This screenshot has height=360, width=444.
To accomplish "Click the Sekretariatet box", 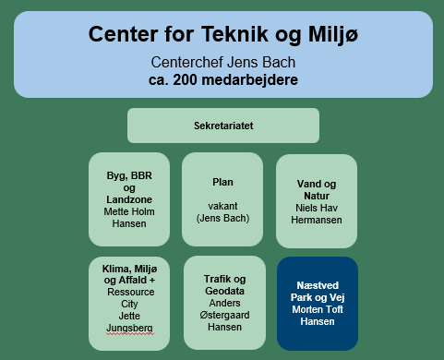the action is pyautogui.click(x=222, y=126).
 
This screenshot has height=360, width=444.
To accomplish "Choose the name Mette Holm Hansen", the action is pyautogui.click(x=129, y=217).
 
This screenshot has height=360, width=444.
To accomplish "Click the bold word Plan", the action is pyautogui.click(x=222, y=182).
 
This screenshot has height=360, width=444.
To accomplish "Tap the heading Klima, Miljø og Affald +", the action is pyautogui.click(x=129, y=274).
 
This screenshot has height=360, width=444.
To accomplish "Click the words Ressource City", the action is pyautogui.click(x=129, y=295).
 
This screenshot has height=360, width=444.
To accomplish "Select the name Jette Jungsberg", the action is pyautogui.click(x=129, y=321).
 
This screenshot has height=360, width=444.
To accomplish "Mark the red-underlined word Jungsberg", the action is pyautogui.click(x=129, y=328).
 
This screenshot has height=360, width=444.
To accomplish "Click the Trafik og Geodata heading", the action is pyautogui.click(x=222, y=286).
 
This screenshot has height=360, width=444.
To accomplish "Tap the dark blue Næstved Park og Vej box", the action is pyautogui.click(x=316, y=304).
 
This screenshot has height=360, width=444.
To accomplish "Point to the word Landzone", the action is pyautogui.click(x=129, y=198).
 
